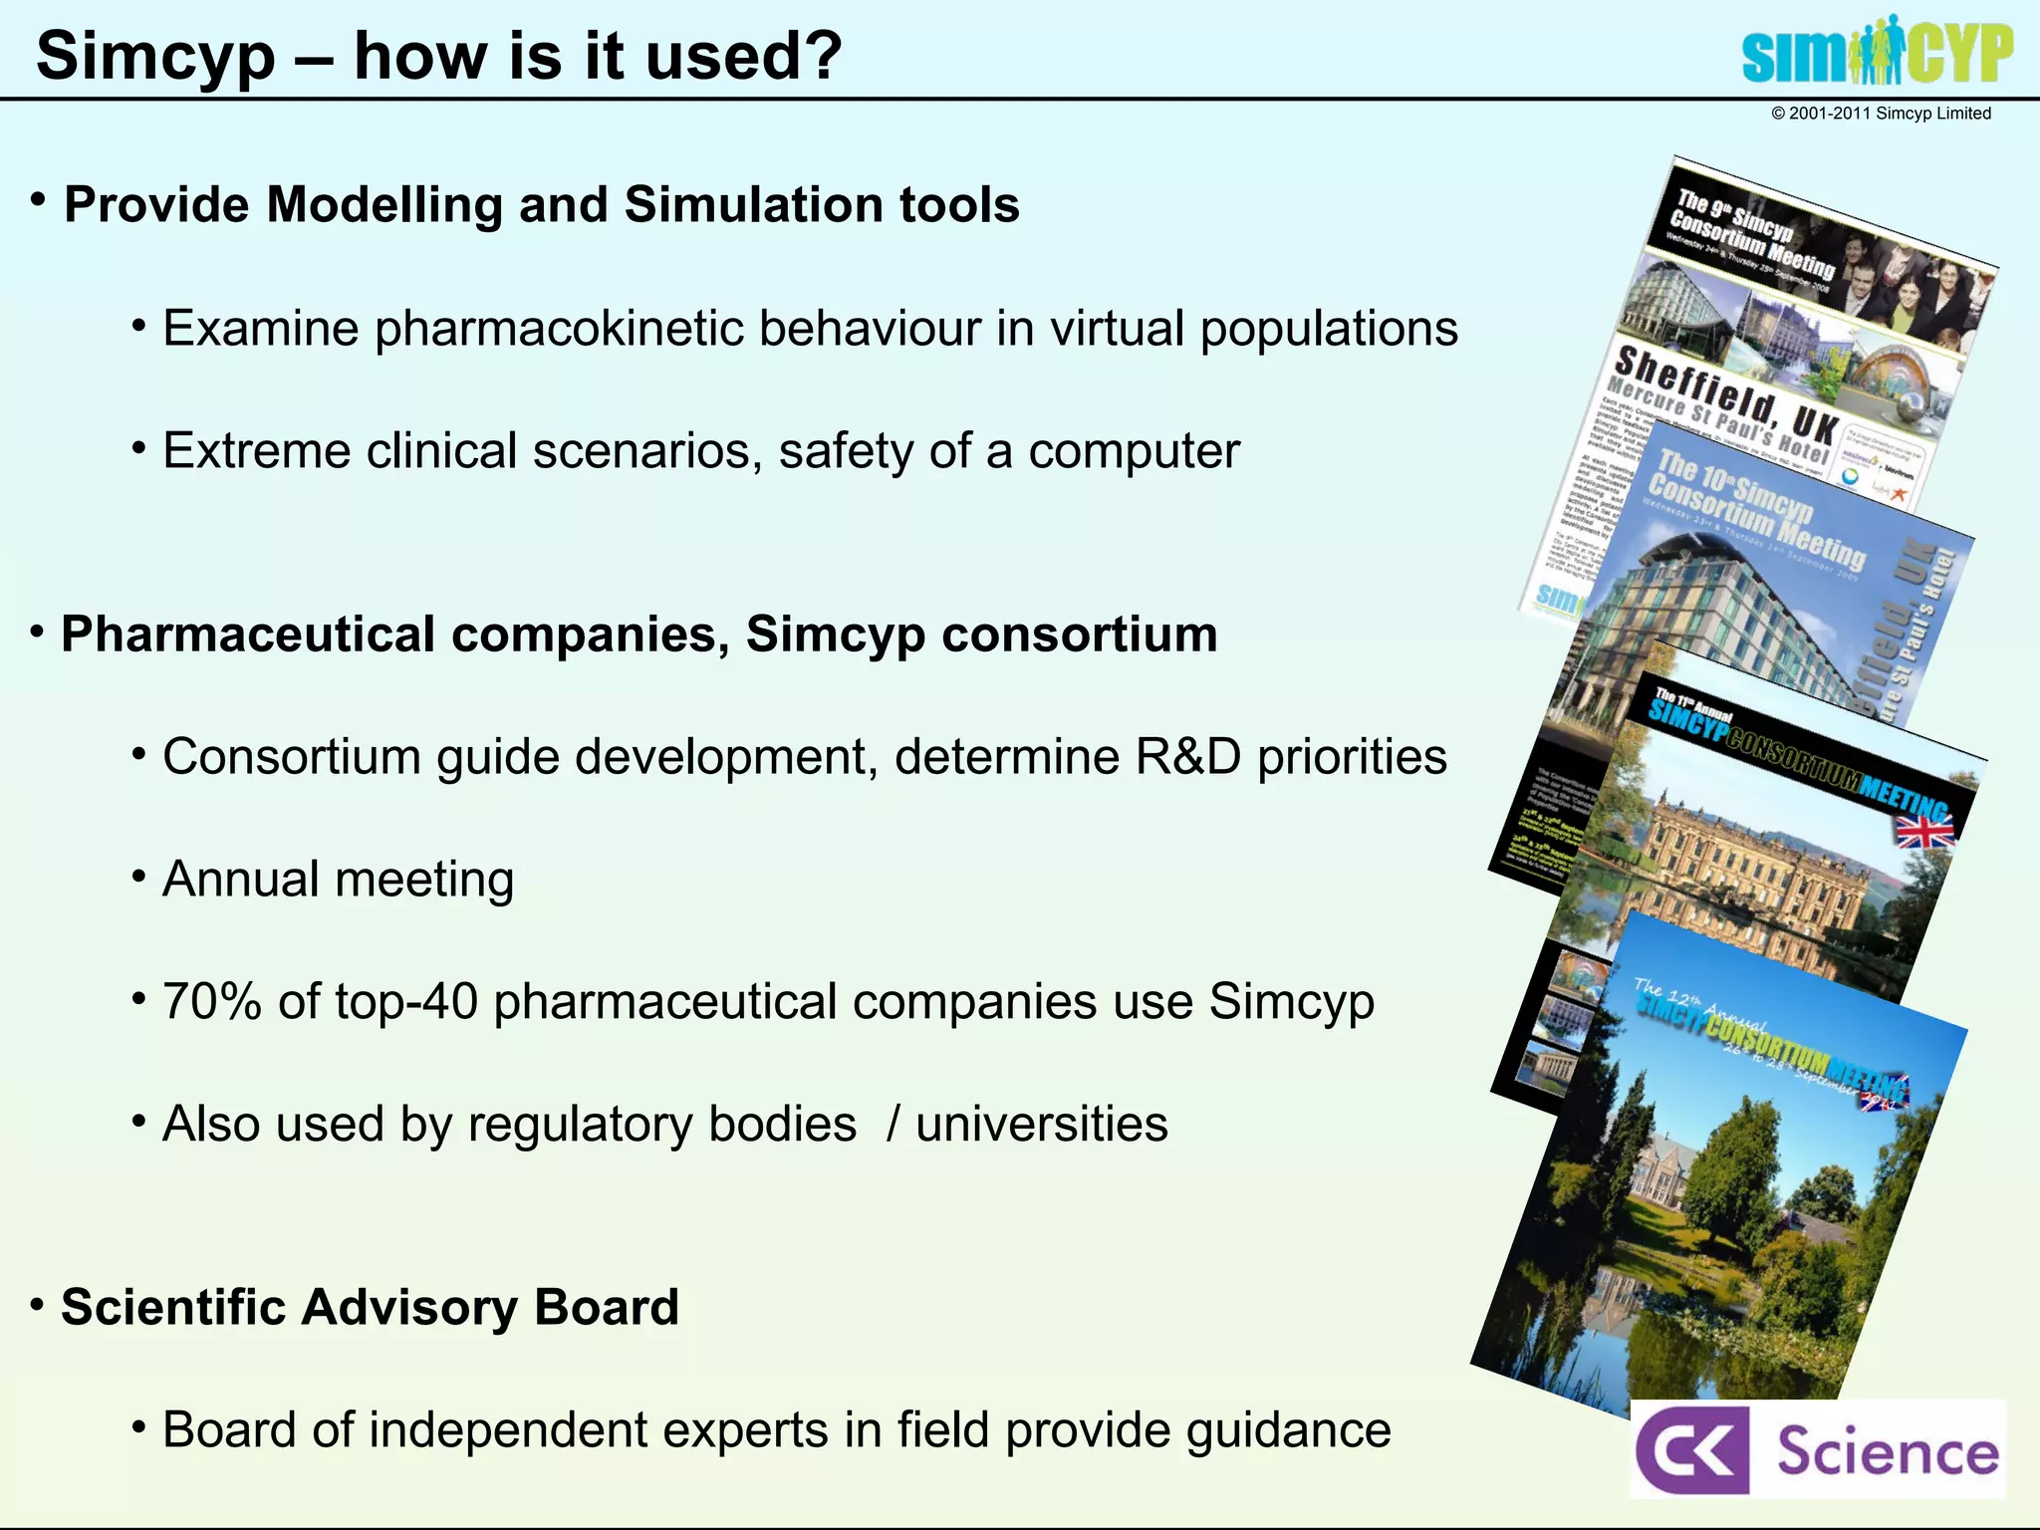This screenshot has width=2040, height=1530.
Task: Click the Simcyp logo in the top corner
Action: click(1877, 52)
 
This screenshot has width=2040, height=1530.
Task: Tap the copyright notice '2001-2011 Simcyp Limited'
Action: click(1881, 114)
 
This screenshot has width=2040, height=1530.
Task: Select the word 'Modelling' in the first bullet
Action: click(382, 205)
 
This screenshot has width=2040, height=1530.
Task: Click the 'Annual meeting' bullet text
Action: click(338, 880)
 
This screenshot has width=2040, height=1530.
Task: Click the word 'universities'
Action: click(1041, 1125)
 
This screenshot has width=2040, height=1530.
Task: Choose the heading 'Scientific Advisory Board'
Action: click(370, 1308)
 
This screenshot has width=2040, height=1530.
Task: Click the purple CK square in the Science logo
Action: click(1690, 1449)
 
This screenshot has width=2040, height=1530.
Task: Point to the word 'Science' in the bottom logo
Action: click(1887, 1451)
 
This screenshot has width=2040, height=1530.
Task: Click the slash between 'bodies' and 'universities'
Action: click(892, 1125)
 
